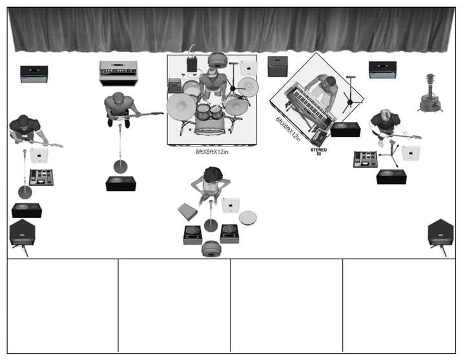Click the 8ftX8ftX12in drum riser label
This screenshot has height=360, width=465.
pos(212,152)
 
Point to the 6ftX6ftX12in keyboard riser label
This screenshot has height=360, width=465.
pos(288,129)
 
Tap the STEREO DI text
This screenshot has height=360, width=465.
pos(319,152)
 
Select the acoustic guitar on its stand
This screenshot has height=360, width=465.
pos(430,94)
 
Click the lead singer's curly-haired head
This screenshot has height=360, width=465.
pos(212,175)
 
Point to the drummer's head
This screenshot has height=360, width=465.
pos(212,72)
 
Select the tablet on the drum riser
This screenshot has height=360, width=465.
pos(249,68)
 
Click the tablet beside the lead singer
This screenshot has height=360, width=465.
pos(231,205)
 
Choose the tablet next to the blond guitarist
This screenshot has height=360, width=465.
pos(411,153)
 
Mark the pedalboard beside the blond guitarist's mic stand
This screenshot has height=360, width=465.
pos(366,159)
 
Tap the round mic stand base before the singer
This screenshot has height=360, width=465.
pos(211,226)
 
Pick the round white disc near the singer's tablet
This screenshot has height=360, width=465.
pos(248,218)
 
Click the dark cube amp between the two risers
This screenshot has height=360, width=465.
pos(278,66)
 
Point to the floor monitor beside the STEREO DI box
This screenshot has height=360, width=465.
pos(346,130)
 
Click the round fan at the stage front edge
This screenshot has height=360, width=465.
pos(212,249)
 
